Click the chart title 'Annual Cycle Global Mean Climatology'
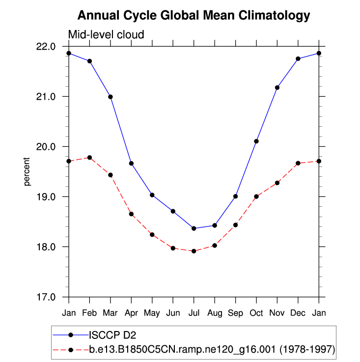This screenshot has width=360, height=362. pos(194,15)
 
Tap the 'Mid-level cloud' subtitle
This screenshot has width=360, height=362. pos(106,35)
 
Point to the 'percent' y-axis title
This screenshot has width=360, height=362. pos(27,171)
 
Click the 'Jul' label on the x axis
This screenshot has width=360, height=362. pos(194,312)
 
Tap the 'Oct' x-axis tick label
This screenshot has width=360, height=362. pos(256,312)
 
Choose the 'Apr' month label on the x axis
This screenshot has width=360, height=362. pos(131,312)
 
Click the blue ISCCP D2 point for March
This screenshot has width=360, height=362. pos(111,97)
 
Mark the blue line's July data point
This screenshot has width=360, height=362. pos(194,228)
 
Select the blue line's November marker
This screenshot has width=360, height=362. pos(277,87)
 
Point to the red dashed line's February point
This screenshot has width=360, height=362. pos(89,157)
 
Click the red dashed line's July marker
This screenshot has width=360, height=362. pos(194,251)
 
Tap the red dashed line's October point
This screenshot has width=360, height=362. pos(256,196)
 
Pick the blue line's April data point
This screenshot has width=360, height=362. pos(131,163)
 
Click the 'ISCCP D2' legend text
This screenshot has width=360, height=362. pos(112,335)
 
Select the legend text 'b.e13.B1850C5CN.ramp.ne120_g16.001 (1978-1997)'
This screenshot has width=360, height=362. pos(212,350)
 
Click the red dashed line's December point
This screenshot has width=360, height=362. pos(298,163)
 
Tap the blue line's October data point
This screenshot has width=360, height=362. pos(256,141)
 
